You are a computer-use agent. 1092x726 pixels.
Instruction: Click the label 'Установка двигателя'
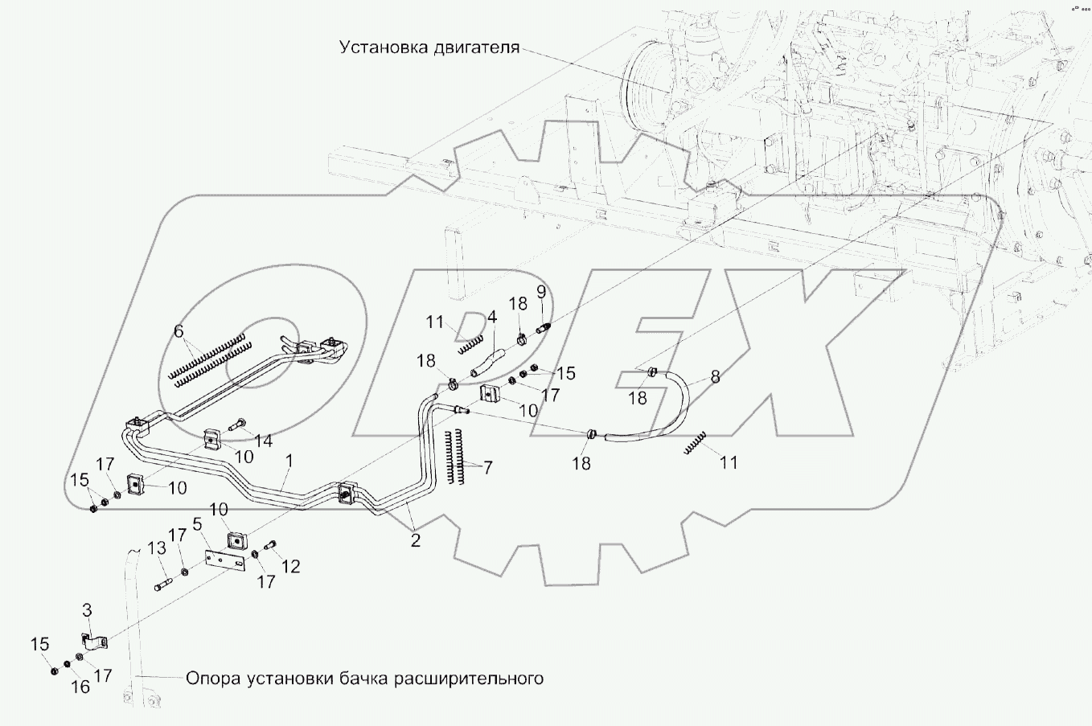[429, 47]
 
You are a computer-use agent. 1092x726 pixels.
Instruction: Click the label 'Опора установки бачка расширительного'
[364, 679]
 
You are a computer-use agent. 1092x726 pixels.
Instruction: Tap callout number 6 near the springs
[179, 331]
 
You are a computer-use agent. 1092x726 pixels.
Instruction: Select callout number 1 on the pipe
[289, 461]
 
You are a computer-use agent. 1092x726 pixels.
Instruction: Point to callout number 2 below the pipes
[415, 541]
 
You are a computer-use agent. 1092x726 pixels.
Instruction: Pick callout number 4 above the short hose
[492, 317]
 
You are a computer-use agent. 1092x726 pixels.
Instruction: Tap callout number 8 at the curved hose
[714, 375]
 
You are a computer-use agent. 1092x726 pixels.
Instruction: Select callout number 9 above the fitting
[541, 291]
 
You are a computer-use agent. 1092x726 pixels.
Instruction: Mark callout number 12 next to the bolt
[290, 567]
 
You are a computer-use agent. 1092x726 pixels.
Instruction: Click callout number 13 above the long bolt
[157, 548]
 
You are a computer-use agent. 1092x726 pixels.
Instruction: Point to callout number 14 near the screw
[263, 441]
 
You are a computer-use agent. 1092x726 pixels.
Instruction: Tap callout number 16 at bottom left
[80, 687]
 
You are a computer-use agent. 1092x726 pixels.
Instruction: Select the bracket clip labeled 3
[96, 644]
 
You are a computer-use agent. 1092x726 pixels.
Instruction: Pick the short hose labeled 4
[485, 360]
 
